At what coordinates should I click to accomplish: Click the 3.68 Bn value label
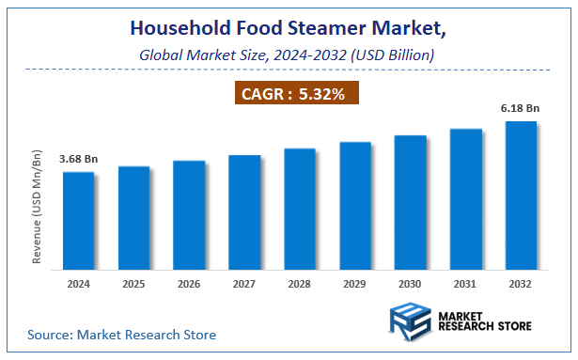pos(78,159)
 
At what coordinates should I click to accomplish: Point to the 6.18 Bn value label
pos(521,108)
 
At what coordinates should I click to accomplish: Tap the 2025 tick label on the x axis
pos(133,282)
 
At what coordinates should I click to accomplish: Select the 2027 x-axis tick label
pos(244,282)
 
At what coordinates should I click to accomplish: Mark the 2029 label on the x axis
pos(355,282)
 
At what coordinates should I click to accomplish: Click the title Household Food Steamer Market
pos(289,30)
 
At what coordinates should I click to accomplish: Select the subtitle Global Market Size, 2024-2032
pos(289,55)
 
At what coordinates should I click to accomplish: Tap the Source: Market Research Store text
pos(121,334)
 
